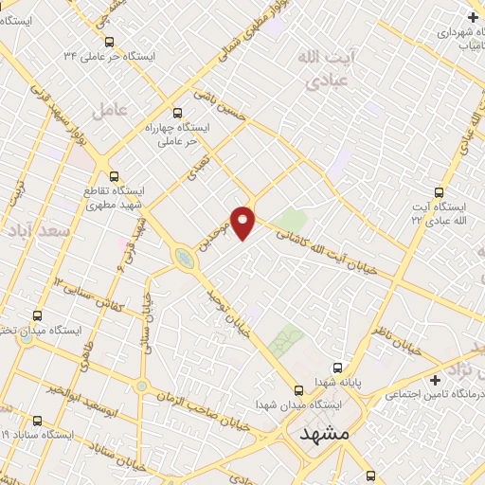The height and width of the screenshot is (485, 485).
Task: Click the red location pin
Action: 243,221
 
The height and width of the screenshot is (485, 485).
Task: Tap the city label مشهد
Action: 323,435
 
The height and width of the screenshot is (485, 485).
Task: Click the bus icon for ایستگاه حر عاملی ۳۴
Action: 109,43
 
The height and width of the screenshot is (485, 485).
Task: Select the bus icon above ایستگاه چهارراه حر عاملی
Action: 177,113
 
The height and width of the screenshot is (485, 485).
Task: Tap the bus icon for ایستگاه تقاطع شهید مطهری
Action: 115,176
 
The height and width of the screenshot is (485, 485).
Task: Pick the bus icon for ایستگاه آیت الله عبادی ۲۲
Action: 438,189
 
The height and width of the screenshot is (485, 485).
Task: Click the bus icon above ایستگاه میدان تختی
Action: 37,315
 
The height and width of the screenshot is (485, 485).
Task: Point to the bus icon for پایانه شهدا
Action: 336,368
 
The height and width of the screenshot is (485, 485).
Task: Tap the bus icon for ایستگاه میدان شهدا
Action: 298,390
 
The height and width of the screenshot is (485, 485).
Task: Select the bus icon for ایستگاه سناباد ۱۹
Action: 37,420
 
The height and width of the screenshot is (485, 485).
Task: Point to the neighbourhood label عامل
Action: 110,110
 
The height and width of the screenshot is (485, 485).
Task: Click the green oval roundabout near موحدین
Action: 183,257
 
